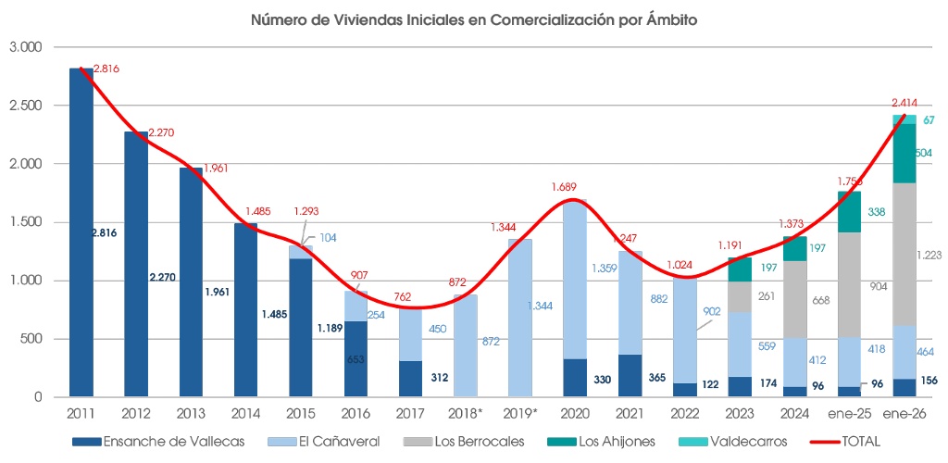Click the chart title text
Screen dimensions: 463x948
pos(473,18)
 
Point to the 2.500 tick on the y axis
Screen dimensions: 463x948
pos(26,106)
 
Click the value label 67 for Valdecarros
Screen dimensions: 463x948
pos(929,120)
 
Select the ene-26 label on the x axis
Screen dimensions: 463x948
pos(904,413)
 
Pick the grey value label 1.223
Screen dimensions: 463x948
pos(928,255)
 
